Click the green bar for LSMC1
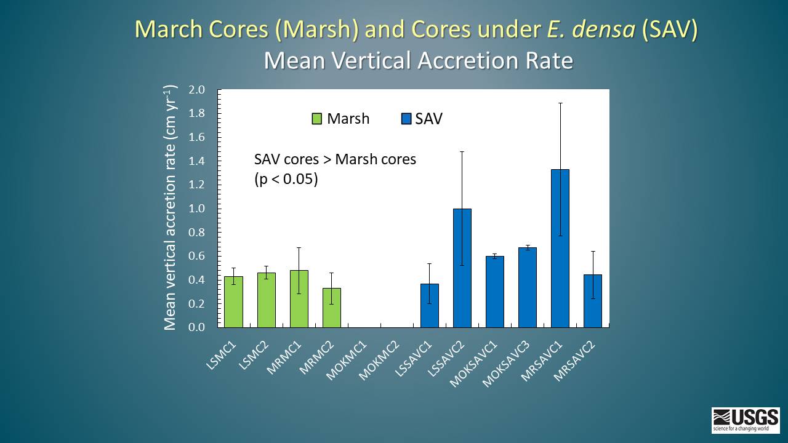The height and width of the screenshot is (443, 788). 233,301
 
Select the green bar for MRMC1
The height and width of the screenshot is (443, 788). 299,299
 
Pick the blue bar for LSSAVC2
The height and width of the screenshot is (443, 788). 462,268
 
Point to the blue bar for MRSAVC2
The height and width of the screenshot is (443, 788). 593,301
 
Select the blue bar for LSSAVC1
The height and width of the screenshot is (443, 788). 430,305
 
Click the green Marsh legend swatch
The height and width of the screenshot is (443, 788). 317,119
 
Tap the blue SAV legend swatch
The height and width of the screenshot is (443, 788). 406,119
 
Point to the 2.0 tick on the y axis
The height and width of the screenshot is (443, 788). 196,90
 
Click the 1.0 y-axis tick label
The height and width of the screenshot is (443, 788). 196,209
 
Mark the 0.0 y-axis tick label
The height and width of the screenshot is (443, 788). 196,327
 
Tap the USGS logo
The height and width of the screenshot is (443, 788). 746,420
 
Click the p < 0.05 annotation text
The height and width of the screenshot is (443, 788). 286,180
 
